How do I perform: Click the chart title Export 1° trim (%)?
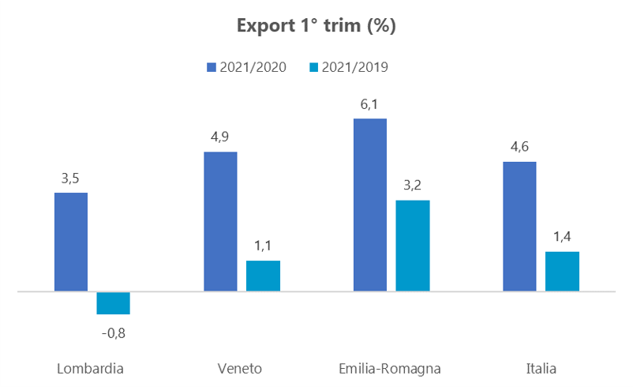click(316, 26)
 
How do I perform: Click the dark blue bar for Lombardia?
click(70, 242)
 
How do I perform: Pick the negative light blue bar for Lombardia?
click(113, 303)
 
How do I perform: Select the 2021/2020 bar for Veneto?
click(220, 221)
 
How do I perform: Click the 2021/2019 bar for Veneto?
click(263, 276)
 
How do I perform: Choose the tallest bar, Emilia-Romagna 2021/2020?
click(370, 205)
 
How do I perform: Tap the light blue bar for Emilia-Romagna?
click(413, 246)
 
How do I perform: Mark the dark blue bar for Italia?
click(519, 226)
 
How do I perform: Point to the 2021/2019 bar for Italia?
click(562, 272)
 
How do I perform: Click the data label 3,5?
click(70, 178)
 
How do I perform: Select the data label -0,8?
click(114, 333)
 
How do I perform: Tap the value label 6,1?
click(370, 103)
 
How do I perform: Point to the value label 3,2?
click(413, 186)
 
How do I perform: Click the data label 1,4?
click(562, 237)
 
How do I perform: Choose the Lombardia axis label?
click(91, 369)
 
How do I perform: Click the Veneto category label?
click(239, 369)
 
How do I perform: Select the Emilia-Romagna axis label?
click(389, 369)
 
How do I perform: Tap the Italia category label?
click(541, 369)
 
